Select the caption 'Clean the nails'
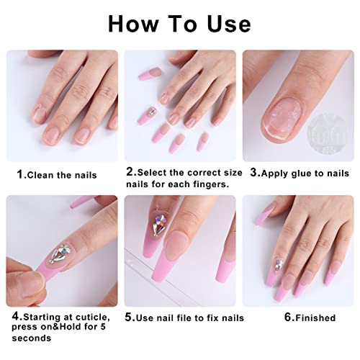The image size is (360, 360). pos(60,174)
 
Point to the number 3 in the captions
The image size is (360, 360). pos(255,174)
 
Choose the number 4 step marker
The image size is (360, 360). pos(14,315)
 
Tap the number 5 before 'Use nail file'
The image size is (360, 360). pos(128,318)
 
